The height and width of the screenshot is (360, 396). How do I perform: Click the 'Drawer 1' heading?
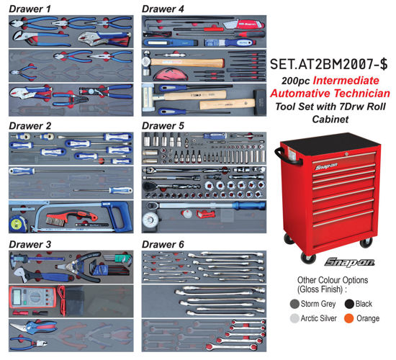point(30,9)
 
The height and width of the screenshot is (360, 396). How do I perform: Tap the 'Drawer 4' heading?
point(162,9)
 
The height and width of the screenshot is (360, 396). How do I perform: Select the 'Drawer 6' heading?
point(162,245)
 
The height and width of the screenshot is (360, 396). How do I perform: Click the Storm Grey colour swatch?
point(294,303)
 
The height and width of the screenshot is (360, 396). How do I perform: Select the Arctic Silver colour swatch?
point(294,318)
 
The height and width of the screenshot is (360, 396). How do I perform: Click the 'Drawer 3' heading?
point(30,245)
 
